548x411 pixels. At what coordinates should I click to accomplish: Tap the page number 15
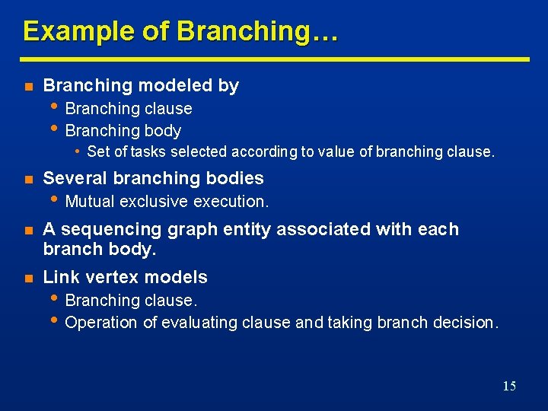(509, 386)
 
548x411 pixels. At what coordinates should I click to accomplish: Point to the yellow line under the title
(274, 59)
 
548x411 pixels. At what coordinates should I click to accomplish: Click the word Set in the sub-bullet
(98, 151)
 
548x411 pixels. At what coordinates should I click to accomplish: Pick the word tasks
(148, 151)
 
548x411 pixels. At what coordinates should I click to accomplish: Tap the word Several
(76, 178)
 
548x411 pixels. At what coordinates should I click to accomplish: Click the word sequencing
(101, 229)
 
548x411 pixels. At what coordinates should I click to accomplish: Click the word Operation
(102, 323)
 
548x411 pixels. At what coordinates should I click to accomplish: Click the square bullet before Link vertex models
(27, 278)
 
